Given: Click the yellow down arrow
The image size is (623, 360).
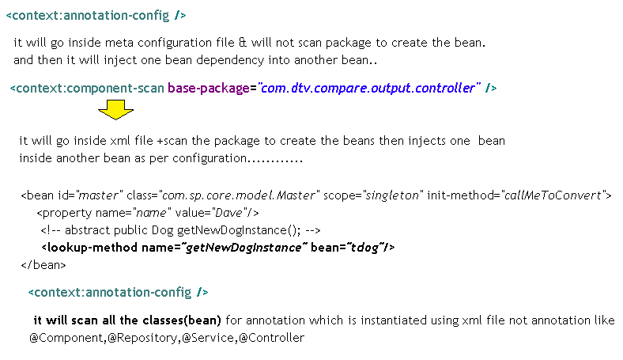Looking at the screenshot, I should [116, 110].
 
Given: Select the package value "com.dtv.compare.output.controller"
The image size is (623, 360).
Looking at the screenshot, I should [366, 88].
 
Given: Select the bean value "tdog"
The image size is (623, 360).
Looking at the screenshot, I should [365, 248].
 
